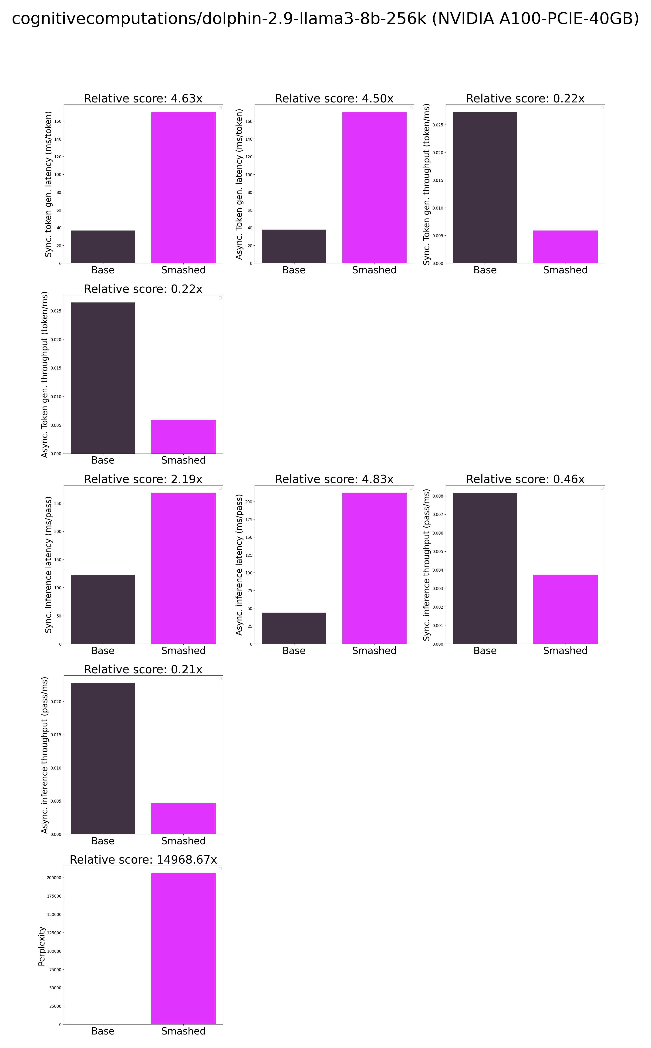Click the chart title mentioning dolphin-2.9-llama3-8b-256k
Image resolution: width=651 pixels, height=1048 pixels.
click(x=325, y=19)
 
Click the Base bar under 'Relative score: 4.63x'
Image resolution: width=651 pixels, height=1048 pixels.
click(x=103, y=247)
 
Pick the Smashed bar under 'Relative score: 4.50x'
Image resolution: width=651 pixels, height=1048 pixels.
click(x=374, y=187)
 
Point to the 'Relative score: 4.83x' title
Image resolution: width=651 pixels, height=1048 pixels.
click(x=334, y=479)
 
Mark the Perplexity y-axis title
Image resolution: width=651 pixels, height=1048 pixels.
click(x=42, y=946)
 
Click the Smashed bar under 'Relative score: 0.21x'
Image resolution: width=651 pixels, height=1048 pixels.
click(x=183, y=818)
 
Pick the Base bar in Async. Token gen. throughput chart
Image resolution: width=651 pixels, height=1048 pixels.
click(x=103, y=378)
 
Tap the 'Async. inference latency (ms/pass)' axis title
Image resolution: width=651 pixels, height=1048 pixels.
click(x=240, y=564)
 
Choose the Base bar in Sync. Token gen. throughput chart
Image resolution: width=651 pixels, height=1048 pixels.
click(x=485, y=187)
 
